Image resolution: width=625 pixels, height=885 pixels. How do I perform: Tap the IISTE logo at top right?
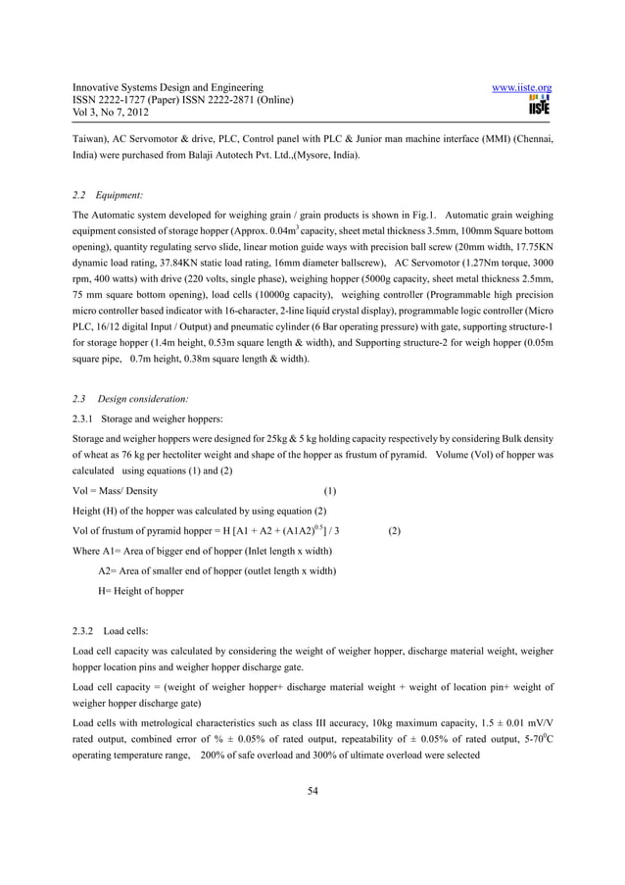(x=539, y=105)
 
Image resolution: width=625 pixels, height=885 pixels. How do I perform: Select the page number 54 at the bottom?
(x=312, y=792)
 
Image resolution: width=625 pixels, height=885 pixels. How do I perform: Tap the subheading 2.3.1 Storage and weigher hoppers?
(x=148, y=418)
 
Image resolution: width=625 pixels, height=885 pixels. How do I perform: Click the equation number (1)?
(x=330, y=491)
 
